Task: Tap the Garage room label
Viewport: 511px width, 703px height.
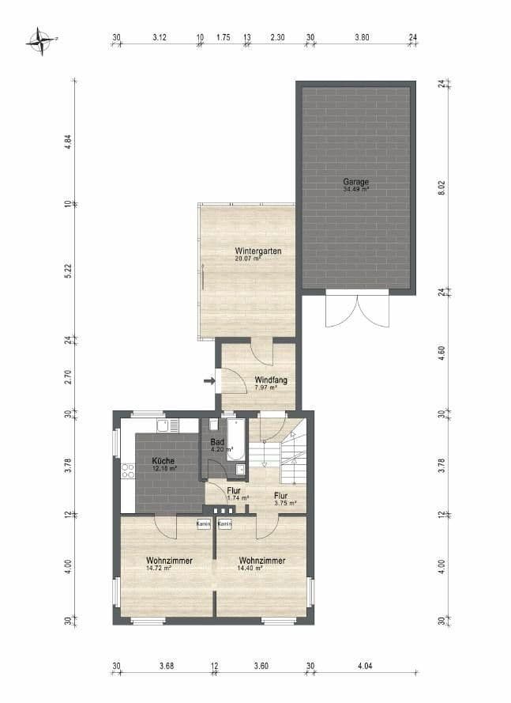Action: coord(355,181)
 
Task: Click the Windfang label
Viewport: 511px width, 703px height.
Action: coord(270,380)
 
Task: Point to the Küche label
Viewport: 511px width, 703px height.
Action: coord(163,460)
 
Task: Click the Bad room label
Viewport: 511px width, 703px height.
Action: coord(217,442)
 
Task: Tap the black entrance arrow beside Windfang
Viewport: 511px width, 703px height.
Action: coord(209,382)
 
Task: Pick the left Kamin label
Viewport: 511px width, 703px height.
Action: coord(203,523)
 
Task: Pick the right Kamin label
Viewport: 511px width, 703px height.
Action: coord(224,523)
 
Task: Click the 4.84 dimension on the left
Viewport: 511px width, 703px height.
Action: coord(69,142)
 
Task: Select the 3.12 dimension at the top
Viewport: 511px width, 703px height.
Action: coord(159,37)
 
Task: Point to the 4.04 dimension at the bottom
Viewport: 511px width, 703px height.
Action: coord(364,667)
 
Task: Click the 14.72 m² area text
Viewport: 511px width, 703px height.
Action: coord(158,568)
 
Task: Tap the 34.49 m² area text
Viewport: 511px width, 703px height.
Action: coord(355,190)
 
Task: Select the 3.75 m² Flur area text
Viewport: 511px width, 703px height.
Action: coord(285,503)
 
